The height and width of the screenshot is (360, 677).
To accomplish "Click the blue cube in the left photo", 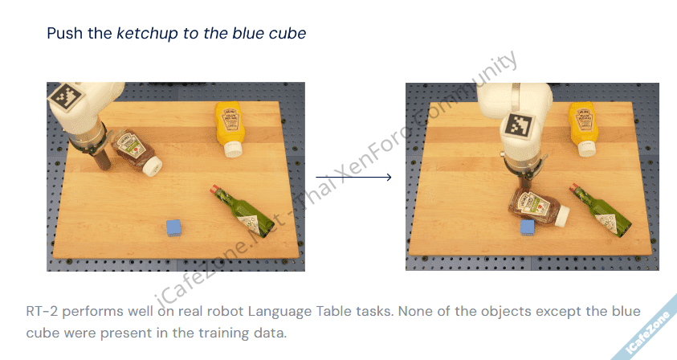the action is coord(173,227).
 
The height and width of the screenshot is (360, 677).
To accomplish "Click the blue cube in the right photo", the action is coord(528,227).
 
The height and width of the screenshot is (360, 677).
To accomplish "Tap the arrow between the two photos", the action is coord(353,177).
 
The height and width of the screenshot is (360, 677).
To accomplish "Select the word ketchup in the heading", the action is coord(147,33).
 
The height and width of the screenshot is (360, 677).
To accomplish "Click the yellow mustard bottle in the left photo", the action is coord(230,129).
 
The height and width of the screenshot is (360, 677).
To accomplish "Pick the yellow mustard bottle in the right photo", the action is coord(583,129).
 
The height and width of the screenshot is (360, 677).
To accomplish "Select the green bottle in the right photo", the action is coord(600,210).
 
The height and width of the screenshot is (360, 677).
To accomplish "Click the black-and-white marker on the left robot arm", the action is coord(67,96).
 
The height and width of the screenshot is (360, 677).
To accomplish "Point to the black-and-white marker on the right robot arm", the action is coord(518,125).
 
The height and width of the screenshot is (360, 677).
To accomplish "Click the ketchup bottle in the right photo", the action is coord(538,208).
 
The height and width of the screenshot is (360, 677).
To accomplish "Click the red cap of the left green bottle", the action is coord(214,188).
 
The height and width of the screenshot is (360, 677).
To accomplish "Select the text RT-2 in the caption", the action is coord(42,311).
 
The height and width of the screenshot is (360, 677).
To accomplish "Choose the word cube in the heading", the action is coord(288,33).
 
